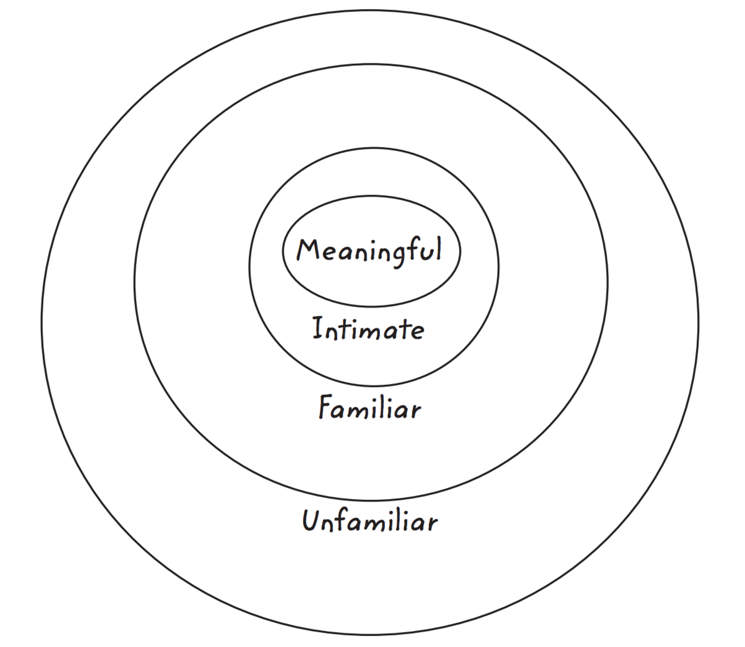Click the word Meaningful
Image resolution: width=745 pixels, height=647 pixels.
369,252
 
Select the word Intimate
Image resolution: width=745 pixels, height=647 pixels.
368,329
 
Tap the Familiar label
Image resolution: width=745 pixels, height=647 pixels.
370,407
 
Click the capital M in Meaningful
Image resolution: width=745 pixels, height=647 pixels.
307,250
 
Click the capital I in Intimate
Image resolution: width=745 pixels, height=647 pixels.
318,328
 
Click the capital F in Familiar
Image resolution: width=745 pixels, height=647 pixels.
326,407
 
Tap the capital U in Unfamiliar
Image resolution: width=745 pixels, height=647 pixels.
311,520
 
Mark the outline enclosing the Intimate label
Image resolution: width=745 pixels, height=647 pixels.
374,386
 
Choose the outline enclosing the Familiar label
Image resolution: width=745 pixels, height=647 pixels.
371,501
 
